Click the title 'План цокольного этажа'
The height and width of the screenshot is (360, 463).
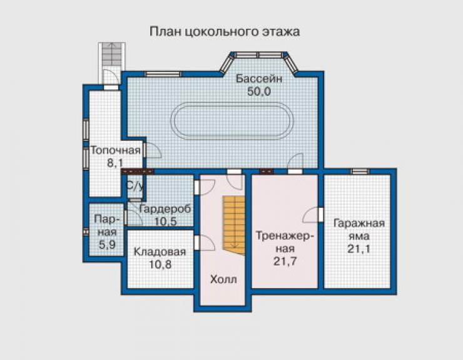pos(225,32)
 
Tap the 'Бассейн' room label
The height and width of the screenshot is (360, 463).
pos(259,79)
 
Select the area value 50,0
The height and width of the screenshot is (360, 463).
pos(259,91)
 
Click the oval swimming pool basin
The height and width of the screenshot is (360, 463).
pos(232,121)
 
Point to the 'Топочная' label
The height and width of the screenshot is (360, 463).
pos(116,150)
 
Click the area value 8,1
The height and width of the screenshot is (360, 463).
pos(115,163)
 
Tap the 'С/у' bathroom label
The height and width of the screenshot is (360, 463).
pos(135,186)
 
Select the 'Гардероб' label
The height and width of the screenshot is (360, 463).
pos(165,209)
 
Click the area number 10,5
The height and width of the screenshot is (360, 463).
pos(165,222)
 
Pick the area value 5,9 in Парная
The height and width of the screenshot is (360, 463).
pos(107,245)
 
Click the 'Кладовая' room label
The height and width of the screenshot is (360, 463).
pos(160,252)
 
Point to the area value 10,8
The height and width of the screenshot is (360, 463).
pos(160,264)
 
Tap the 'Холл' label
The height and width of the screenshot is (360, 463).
pos(223,279)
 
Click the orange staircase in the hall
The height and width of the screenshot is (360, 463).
pos(234,225)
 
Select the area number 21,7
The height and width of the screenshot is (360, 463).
pos(285,261)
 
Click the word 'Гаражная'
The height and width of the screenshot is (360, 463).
pos(359,224)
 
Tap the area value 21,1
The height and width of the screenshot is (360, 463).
pos(359,249)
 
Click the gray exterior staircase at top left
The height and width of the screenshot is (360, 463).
pos(111,63)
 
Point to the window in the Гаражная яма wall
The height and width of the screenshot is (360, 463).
pos(360,171)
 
